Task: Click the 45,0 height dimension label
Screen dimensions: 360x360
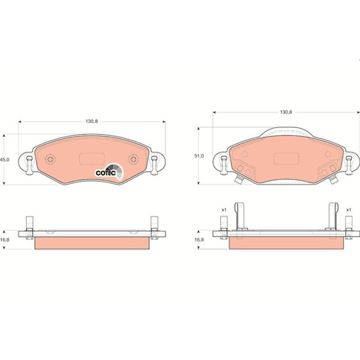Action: [x=4, y=160]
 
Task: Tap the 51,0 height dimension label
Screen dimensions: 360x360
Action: [x=199, y=156]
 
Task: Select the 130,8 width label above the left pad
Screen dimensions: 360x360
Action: [x=92, y=121]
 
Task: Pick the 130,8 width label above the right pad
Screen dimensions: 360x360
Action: [x=286, y=112]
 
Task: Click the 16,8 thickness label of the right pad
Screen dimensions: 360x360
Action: [x=199, y=240]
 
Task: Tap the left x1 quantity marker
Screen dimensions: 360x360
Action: [x=224, y=210]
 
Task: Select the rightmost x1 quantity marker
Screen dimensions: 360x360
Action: [x=348, y=210]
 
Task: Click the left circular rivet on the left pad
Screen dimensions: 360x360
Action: [x=50, y=159]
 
